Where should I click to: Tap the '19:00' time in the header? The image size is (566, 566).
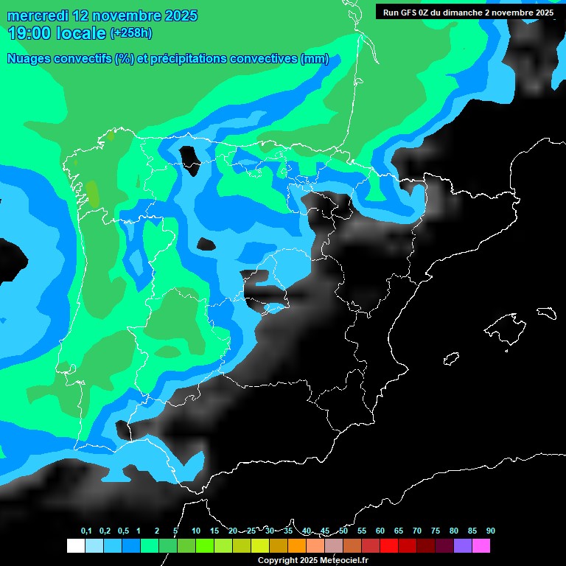30,33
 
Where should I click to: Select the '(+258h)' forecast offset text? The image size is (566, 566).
133,33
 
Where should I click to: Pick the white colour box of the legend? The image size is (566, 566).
75,546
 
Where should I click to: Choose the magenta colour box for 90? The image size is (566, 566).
481,546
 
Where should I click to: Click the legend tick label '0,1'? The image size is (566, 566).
86,531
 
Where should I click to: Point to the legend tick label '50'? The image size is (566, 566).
343,531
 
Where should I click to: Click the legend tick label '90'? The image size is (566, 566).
491,531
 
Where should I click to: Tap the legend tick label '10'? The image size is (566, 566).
196,531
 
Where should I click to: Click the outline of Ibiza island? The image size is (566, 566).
451,358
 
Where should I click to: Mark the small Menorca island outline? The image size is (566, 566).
546,312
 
